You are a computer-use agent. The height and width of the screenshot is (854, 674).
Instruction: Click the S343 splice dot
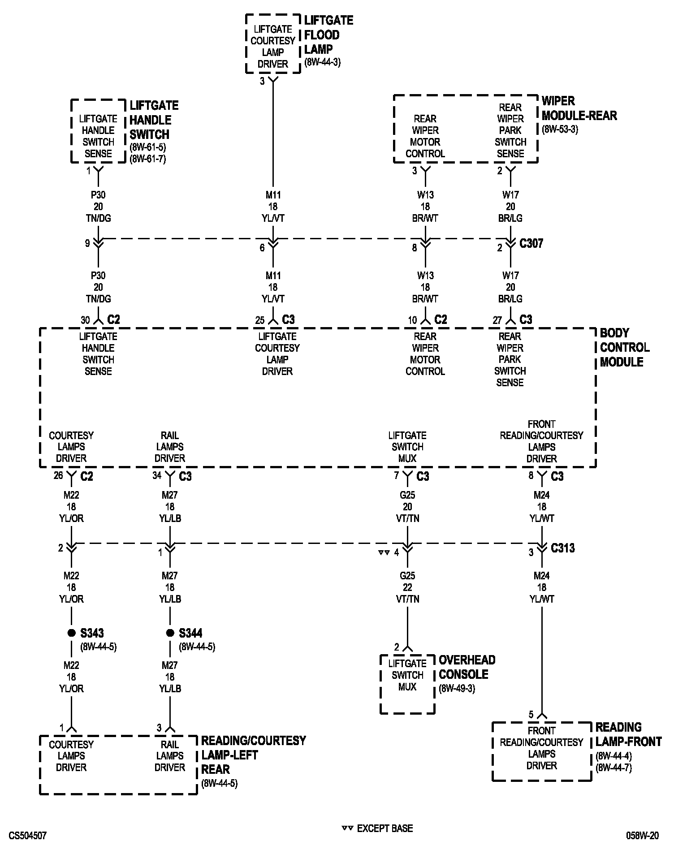point(71,633)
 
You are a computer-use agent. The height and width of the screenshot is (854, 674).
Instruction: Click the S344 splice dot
point(170,633)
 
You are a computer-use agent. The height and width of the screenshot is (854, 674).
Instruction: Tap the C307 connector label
point(531,244)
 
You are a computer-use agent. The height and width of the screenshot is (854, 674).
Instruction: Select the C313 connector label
point(562,548)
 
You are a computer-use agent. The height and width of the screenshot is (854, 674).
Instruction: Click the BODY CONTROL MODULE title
point(624,347)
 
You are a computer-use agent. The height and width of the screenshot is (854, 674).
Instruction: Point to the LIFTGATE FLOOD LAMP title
point(328,35)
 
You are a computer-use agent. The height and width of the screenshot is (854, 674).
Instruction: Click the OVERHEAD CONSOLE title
point(467,667)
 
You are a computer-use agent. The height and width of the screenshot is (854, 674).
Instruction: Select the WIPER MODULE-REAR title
point(579,108)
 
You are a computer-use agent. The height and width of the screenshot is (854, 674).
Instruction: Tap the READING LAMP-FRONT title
point(628,734)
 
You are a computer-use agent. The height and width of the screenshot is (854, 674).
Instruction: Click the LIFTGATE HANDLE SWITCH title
point(154,120)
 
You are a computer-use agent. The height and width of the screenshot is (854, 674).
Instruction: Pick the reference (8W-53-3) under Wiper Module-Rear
point(560,129)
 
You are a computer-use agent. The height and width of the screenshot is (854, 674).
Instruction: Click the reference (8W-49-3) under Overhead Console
point(457,688)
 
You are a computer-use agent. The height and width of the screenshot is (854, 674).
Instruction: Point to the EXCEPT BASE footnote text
point(385,828)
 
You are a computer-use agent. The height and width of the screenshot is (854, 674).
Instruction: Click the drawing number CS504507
point(27,836)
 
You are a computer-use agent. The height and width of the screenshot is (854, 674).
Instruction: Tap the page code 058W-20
point(643,836)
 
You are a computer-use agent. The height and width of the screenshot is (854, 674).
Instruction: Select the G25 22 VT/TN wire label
point(407,587)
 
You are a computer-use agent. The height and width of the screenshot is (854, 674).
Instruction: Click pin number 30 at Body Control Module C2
point(85,320)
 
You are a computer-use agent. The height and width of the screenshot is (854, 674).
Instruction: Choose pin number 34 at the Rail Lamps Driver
point(157,475)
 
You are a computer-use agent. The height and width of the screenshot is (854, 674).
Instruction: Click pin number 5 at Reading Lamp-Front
point(531,714)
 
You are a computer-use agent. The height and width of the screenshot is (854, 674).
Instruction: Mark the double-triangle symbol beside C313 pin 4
point(384,552)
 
